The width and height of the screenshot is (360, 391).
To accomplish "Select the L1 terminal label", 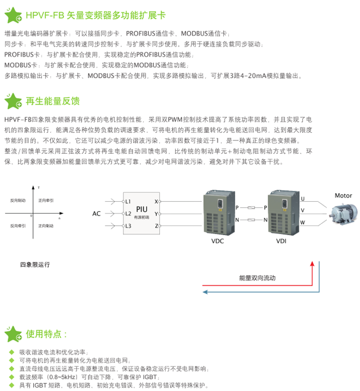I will (129, 201).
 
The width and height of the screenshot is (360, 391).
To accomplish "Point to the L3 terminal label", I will (129, 226).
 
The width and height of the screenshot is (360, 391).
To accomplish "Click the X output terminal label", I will (156, 201).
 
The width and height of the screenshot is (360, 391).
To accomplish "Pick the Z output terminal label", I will (156, 226).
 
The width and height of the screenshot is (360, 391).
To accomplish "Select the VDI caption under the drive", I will (281, 239).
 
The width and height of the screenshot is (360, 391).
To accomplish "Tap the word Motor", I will (343, 195).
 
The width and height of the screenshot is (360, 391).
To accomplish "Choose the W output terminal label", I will (302, 222).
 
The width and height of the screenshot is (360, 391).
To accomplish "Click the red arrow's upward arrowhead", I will (312, 264).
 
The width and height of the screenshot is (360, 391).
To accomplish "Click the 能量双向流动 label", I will (258, 278).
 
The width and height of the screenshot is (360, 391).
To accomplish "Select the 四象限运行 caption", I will (35, 264).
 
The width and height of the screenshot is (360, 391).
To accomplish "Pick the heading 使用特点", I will (47, 333).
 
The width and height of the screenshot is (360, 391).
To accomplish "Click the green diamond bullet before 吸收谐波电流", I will (12, 351).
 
